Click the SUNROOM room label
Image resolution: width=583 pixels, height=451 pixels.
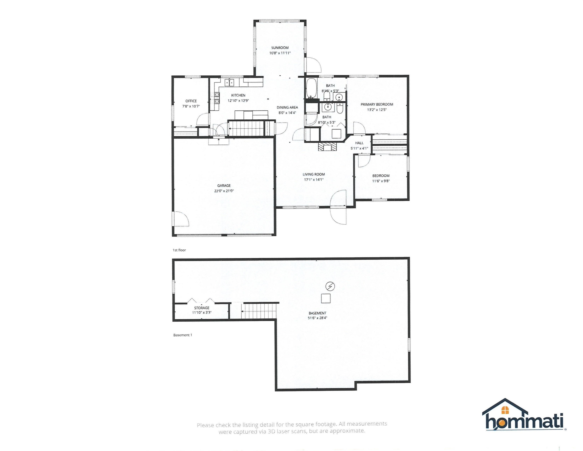tap(280, 48)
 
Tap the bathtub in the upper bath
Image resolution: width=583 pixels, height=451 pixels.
tap(311, 88)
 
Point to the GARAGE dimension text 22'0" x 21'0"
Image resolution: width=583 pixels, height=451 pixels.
tap(224, 191)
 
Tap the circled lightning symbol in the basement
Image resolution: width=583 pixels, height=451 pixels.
tap(330, 286)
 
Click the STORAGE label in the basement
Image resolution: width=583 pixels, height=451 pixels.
tap(202, 308)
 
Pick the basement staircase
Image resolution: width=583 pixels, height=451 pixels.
tap(258, 311)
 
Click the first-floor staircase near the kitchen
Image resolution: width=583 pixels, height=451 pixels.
tap(246, 129)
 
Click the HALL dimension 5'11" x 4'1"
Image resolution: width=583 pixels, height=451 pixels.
tap(359, 148)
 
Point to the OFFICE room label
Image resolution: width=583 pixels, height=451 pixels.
tap(191, 101)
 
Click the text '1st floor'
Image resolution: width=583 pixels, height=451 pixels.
tap(179, 250)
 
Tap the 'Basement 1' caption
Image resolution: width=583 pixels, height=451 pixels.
tap(183, 335)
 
